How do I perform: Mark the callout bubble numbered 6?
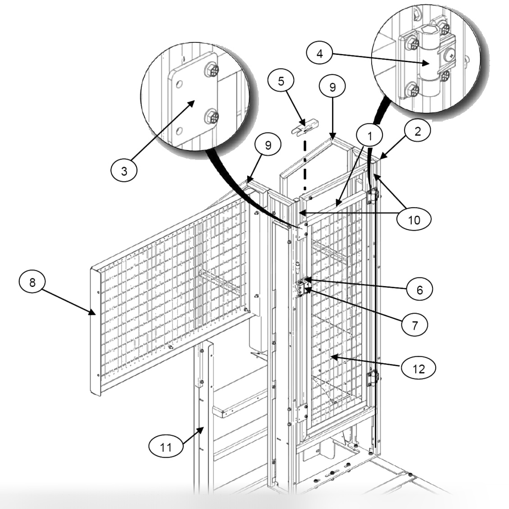click(x=418, y=290)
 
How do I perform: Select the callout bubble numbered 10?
click(x=414, y=220)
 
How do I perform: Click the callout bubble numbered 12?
click(x=418, y=367)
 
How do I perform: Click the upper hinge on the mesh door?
click(x=373, y=196)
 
